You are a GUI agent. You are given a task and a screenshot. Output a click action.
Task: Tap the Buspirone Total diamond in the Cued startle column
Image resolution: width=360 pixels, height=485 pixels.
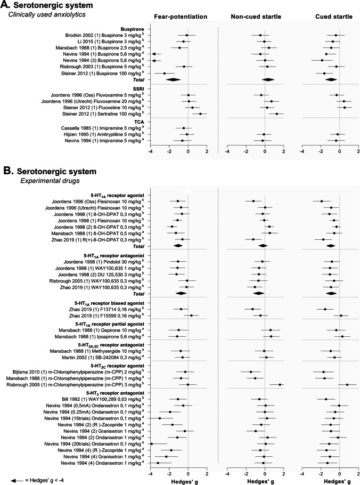tap(331, 79)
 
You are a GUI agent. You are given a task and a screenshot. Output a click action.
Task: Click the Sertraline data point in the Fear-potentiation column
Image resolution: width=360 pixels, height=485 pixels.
tap(200, 114)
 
